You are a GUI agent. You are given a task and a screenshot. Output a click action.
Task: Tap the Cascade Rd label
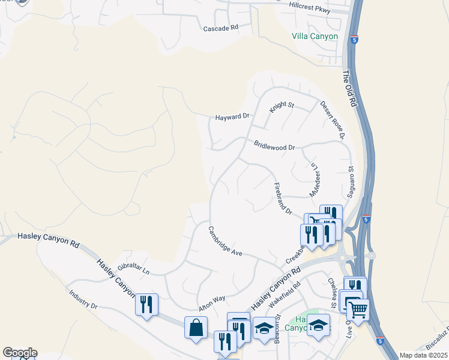pyautogui.click(x=221, y=28)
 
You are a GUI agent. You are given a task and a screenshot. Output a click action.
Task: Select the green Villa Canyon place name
pyautogui.click(x=315, y=37)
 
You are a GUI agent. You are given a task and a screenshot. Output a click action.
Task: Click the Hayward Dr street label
pyautogui.click(x=232, y=117)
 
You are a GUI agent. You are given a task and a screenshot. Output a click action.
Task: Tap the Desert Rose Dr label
pyautogui.click(x=332, y=120)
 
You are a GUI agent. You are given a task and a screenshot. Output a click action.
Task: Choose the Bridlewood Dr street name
pyautogui.click(x=274, y=146)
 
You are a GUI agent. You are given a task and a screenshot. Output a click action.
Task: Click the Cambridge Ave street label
pyautogui.click(x=225, y=241)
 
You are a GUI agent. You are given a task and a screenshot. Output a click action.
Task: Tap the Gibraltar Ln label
pyautogui.click(x=133, y=268)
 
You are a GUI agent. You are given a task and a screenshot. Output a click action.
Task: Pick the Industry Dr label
pyautogui.click(x=83, y=299)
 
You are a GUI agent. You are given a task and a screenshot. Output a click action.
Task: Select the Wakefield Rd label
pyautogui.click(x=285, y=297)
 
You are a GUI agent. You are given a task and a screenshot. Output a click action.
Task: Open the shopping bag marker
pyautogui.click(x=196, y=328)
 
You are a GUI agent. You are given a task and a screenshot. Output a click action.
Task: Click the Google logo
pyautogui.click(x=20, y=353)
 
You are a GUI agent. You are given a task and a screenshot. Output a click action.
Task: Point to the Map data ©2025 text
pyautogui.click(x=423, y=355)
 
